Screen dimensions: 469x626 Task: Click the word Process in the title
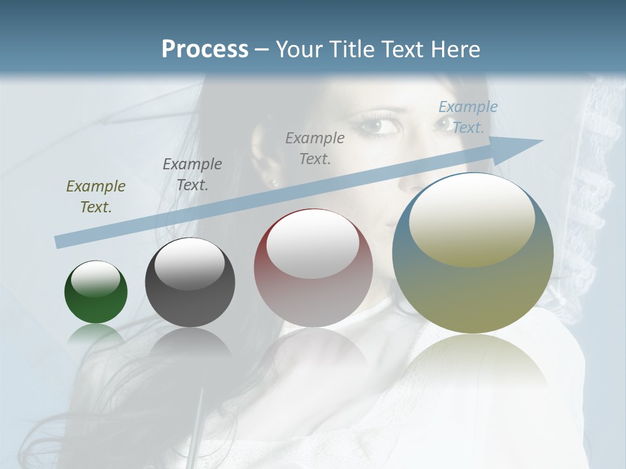(205, 50)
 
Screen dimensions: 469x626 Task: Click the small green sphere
(96, 292)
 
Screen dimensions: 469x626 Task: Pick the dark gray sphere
(190, 283)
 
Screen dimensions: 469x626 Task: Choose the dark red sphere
(313, 268)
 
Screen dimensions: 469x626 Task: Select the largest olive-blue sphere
(473, 253)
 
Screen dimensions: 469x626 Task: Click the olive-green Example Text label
(96, 197)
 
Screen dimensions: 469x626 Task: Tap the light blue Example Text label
(468, 117)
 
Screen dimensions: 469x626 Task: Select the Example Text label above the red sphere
(315, 148)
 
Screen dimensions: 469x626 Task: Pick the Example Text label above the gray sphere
(192, 174)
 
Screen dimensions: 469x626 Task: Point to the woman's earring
(274, 182)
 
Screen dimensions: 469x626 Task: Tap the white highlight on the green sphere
(96, 279)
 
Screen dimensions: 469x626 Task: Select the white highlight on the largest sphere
(472, 218)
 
